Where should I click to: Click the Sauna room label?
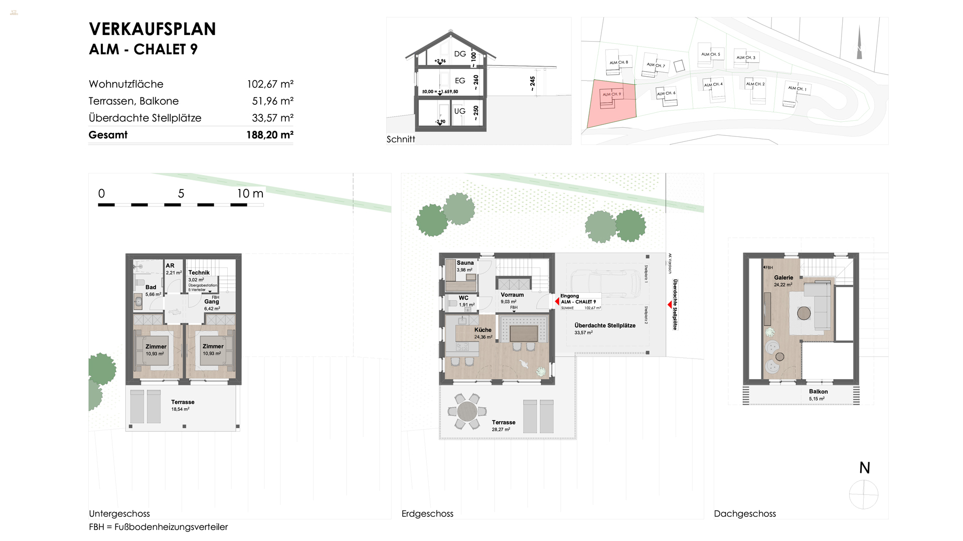(x=465, y=263)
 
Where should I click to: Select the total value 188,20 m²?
(x=269, y=135)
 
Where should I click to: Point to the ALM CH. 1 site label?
(x=797, y=88)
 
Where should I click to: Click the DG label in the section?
(x=460, y=54)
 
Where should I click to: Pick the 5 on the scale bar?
(x=181, y=194)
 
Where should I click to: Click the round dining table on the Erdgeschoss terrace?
(x=467, y=412)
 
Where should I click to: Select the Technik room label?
(x=199, y=273)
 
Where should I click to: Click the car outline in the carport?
(x=600, y=283)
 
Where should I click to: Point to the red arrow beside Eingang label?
(x=557, y=301)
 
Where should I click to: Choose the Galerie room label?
(x=783, y=278)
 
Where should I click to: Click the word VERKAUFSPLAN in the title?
(x=152, y=29)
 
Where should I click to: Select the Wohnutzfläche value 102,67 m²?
(x=270, y=84)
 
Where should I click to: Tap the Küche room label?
(x=483, y=330)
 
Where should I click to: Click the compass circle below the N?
(x=864, y=494)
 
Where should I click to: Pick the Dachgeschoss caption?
(x=745, y=513)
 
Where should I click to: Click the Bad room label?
(x=151, y=287)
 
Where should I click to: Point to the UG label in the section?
(x=459, y=111)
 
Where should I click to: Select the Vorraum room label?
(x=512, y=295)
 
